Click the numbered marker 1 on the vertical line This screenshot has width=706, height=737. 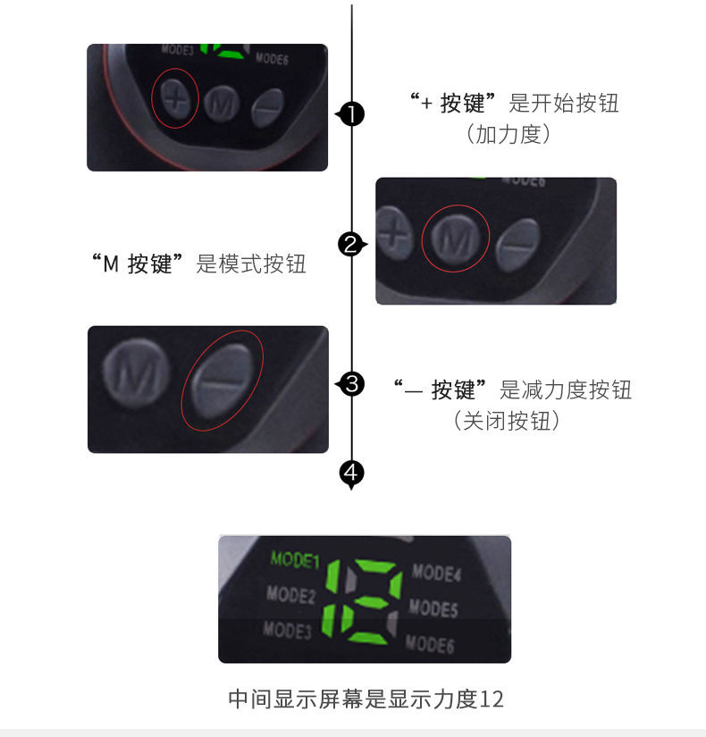coord(353,114)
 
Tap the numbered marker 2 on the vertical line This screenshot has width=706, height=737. coord(351,244)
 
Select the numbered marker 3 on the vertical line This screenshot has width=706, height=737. coord(353,384)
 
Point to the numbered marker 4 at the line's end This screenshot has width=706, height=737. coord(353,471)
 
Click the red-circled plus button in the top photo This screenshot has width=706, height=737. coord(176,99)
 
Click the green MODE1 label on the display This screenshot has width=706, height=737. coord(294,560)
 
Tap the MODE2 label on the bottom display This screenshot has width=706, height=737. coord(290,594)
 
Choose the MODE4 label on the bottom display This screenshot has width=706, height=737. coord(437,572)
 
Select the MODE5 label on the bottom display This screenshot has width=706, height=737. coord(433,608)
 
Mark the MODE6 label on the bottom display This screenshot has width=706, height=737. coord(430,642)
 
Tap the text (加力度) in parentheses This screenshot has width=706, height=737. coord(508,135)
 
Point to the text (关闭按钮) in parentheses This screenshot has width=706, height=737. coord(507,420)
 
